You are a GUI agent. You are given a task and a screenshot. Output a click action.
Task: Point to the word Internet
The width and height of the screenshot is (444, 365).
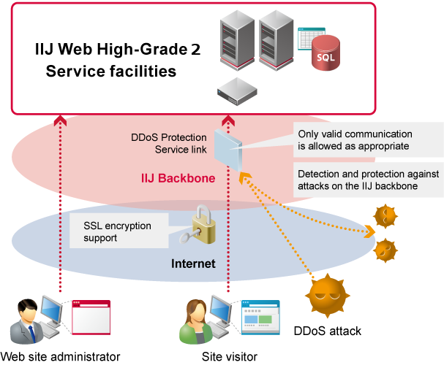point(193,264)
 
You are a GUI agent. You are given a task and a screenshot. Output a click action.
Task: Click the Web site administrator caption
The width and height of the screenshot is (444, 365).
point(60,356)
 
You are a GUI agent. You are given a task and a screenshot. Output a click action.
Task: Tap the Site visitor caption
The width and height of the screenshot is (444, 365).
point(230,356)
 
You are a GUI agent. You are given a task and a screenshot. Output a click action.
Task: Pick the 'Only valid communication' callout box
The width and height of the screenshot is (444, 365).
point(366,140)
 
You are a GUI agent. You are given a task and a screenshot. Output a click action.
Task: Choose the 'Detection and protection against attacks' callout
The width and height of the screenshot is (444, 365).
point(366,180)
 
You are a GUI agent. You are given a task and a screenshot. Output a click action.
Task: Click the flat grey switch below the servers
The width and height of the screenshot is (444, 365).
point(238,91)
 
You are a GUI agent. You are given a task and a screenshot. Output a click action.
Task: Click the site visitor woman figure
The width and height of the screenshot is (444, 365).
point(196,320)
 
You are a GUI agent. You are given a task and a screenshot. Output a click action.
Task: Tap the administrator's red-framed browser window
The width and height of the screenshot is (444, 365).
point(91,317)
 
